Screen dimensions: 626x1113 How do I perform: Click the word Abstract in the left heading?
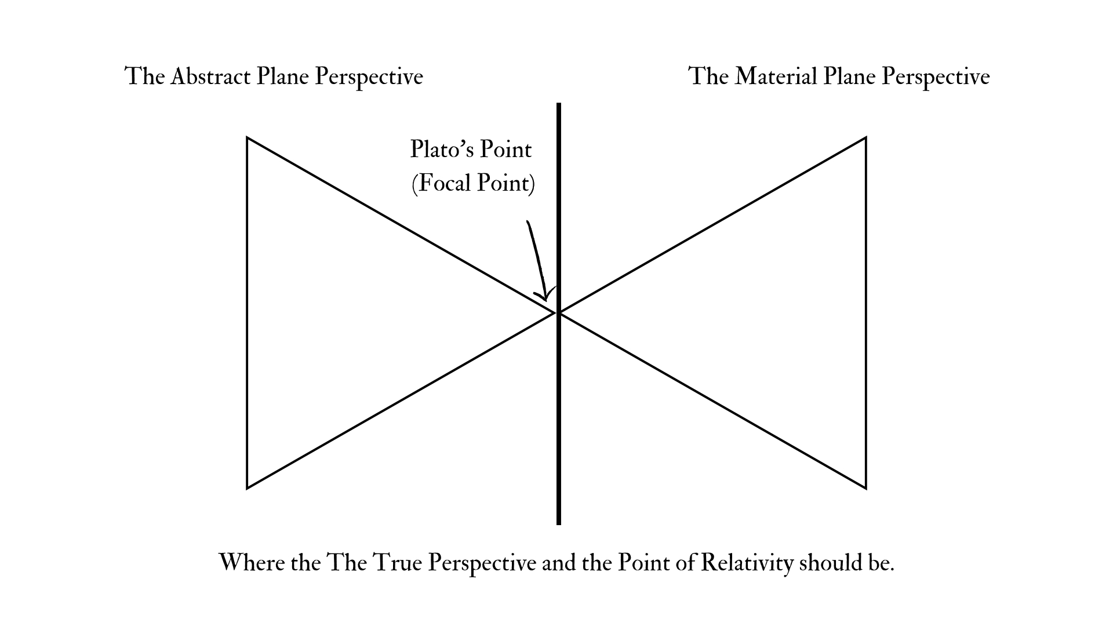210,77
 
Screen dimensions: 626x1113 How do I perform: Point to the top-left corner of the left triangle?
248,138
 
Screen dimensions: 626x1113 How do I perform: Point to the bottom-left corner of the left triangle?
248,488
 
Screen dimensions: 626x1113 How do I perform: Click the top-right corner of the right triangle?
865,138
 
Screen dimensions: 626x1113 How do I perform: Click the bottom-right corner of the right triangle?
865,488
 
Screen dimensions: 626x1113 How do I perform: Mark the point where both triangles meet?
558,313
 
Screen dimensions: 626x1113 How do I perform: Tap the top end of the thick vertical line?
559,104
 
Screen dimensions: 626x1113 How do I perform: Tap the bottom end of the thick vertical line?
559,524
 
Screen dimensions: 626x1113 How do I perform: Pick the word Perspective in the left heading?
369,77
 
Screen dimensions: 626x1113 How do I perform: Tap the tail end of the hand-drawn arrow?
527,221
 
